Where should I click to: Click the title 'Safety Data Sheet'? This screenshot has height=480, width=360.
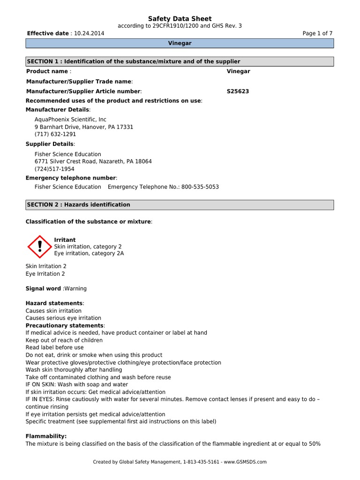click(180, 19)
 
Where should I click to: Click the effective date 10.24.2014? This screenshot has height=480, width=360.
click(89, 34)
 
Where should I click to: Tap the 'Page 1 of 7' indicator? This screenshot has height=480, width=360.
click(318, 34)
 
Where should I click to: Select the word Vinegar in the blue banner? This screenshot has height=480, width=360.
click(180, 43)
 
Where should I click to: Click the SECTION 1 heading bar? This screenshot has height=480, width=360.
click(180, 61)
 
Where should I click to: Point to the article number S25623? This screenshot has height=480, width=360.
click(238, 91)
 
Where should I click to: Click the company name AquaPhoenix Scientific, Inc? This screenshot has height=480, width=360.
click(70, 120)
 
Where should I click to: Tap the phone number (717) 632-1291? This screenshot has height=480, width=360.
click(55, 134)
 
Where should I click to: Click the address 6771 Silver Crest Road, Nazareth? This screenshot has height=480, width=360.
click(93, 161)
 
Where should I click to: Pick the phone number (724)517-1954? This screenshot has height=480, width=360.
click(54, 169)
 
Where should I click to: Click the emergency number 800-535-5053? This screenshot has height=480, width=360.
click(200, 187)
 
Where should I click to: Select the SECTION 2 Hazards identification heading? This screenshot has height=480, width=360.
click(180, 205)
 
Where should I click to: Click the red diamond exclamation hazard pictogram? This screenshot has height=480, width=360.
click(40, 247)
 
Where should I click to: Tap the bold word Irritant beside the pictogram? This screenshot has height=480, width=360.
click(65, 240)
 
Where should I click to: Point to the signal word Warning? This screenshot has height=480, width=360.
click(75, 289)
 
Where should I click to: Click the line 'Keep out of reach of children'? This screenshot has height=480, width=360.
click(64, 340)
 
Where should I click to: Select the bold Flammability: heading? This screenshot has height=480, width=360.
click(46, 436)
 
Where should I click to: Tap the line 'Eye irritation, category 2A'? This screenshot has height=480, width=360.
click(89, 254)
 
